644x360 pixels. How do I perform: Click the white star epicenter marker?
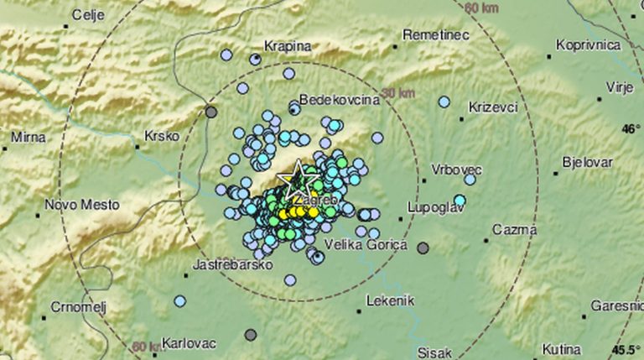point(293,178)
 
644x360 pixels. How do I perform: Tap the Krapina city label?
point(288,46)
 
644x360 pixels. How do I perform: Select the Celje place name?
point(88,14)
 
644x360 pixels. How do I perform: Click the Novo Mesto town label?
point(82,204)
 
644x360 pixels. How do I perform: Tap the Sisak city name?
point(434,351)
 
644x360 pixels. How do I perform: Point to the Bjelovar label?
point(587,162)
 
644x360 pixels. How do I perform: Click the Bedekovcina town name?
point(340,99)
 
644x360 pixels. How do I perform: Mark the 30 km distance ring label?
point(397,91)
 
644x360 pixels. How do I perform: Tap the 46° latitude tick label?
point(630,129)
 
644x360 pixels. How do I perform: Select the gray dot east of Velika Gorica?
point(423,248)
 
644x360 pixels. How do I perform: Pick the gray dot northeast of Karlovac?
point(250,335)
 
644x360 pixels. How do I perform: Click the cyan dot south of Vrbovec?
point(460,200)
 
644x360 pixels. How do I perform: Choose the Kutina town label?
point(562,348)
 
